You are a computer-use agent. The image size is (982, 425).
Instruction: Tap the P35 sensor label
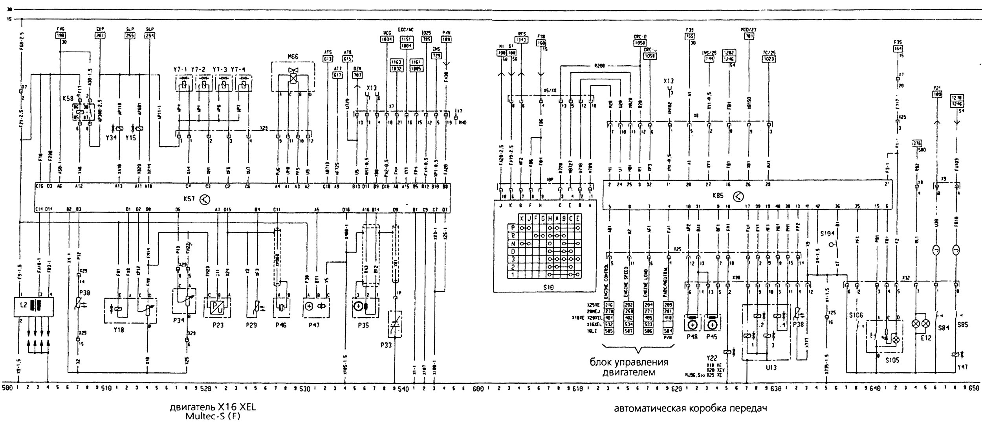pos(364,326)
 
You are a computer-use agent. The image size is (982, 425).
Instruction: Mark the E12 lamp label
pos(925,338)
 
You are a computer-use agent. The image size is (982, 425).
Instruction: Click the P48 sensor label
pos(692,337)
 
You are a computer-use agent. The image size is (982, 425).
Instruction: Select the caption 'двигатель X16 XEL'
pos(213,407)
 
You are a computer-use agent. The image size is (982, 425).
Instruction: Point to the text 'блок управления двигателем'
pos(629,367)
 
